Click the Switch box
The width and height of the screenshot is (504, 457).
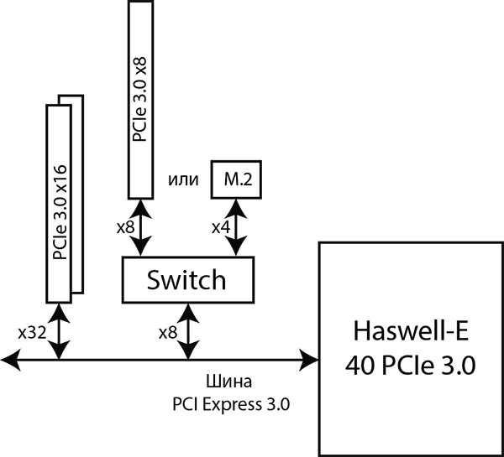click(187, 279)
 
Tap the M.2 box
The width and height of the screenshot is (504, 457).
click(237, 179)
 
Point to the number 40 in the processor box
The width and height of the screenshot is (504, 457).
click(359, 365)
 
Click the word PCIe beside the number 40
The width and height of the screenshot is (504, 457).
click(408, 365)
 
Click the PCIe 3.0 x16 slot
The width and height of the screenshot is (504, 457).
click(60, 201)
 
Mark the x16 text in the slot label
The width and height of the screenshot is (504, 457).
click(60, 167)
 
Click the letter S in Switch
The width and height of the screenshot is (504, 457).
click(154, 279)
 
